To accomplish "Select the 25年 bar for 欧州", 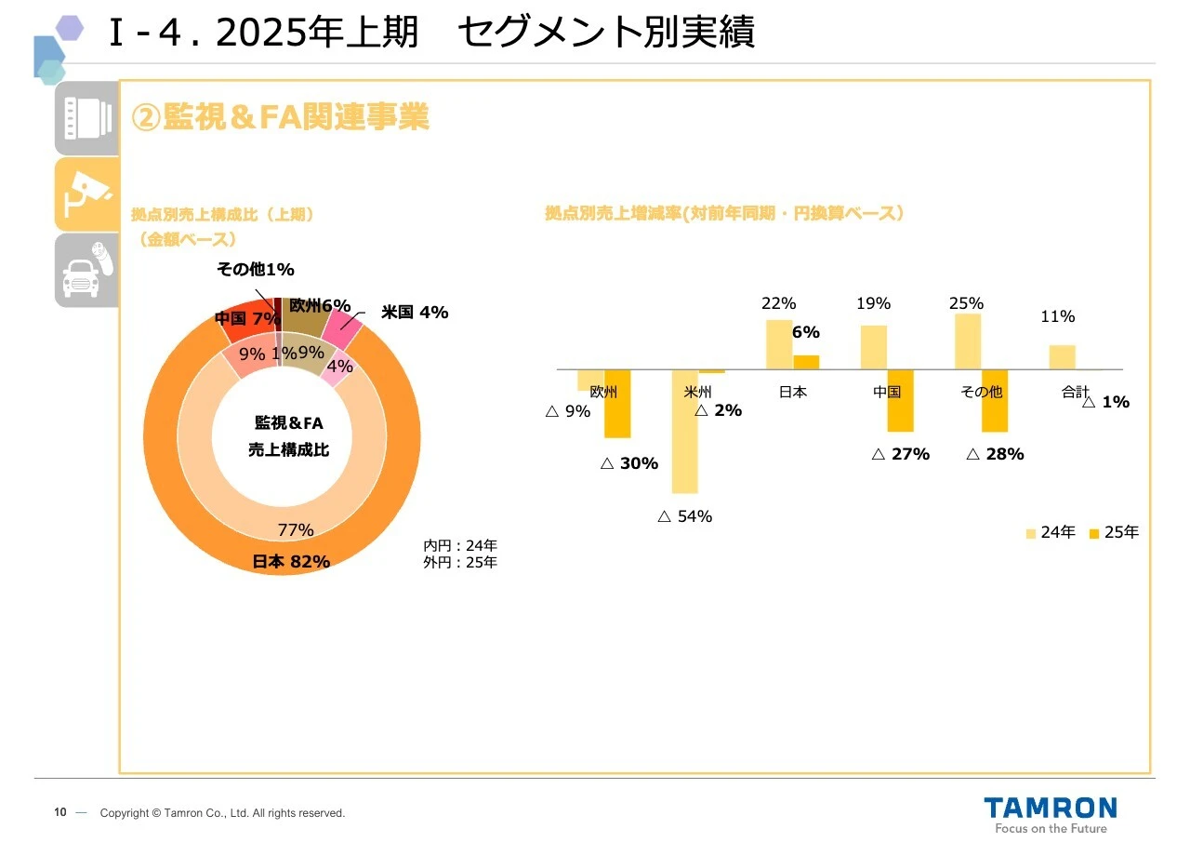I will click(617, 404).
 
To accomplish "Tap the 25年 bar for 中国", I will click(900, 401).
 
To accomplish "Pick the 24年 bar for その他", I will click(968, 341).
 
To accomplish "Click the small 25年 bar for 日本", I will click(806, 362).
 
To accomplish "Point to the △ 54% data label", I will click(684, 516).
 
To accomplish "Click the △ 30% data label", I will click(628, 463).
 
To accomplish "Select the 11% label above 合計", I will click(1057, 317).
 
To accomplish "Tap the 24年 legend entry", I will click(1051, 533).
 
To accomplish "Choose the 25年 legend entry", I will click(1114, 533).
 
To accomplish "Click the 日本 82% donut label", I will click(291, 562).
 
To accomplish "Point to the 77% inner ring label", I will click(296, 530).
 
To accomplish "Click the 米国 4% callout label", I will click(414, 313).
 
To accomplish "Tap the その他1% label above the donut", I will click(255, 270).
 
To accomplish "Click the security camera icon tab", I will click(86, 194).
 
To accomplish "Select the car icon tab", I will click(86, 270).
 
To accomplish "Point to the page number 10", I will click(59, 813).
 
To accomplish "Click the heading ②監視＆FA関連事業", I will click(280, 118).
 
